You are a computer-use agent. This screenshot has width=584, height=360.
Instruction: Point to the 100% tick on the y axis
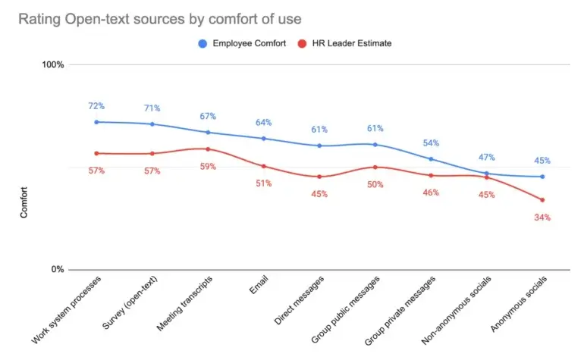point(52,65)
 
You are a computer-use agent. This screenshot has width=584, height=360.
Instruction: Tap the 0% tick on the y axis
point(56,270)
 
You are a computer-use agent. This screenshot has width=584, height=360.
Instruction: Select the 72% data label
point(96,105)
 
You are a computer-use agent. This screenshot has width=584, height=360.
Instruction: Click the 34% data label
point(542,218)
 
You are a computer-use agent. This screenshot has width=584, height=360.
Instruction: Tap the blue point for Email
point(263,139)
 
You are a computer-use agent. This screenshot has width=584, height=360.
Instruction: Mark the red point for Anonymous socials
point(542,200)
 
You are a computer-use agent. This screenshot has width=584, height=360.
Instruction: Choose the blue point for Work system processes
point(96,122)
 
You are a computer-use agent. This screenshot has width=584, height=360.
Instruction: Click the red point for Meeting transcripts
point(208,149)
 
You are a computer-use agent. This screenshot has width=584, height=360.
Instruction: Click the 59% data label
point(208,167)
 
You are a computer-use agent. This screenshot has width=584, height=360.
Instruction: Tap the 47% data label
point(486,158)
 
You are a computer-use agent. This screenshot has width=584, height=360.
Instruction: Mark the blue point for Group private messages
point(431,159)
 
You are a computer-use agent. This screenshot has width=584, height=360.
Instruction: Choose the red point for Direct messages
point(319,177)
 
